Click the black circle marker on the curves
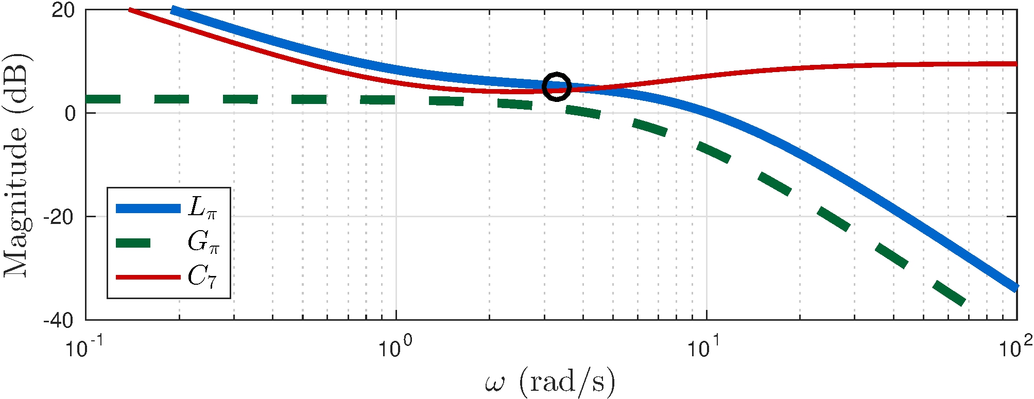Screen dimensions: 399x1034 tap(557, 86)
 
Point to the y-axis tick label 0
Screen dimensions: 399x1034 tap(70, 113)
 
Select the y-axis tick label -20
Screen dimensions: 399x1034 tap(58, 217)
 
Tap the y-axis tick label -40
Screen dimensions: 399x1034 tap(58, 320)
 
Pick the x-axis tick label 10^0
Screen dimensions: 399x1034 tap(394, 347)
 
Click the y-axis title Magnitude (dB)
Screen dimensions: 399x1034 tap(16, 165)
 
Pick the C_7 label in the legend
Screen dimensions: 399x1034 tap(202, 277)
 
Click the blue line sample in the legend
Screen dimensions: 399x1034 tap(148, 209)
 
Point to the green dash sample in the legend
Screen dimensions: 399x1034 tap(133, 243)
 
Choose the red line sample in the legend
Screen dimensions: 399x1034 tap(148, 277)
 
